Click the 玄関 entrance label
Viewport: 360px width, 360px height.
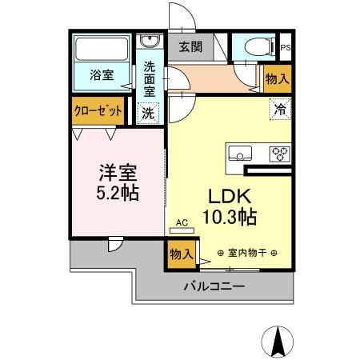coord(190,46)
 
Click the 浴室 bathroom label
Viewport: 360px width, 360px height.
coord(102,75)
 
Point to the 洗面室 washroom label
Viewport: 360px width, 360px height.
coord(150,78)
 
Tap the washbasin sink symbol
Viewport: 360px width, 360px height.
coord(149,42)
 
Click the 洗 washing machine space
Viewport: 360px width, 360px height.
coord(149,113)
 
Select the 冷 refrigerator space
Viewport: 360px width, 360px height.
coord(280,108)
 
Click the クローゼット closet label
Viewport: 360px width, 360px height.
coord(98,111)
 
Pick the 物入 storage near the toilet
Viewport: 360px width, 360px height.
coord(278,78)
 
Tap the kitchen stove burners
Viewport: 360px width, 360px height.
coord(280,153)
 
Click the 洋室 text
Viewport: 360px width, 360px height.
coord(115,172)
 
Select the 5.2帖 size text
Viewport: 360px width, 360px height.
coord(115,194)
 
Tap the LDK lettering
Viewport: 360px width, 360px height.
coord(231,195)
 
